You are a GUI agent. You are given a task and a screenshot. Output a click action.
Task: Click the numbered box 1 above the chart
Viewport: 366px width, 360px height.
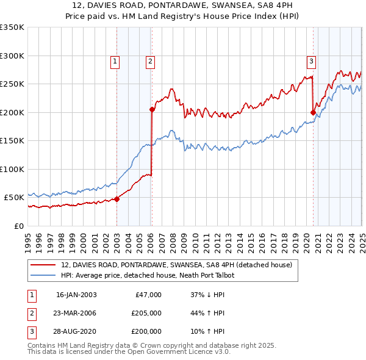coord(115,60)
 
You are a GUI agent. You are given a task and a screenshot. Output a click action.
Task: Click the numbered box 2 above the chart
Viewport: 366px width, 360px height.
coord(150,60)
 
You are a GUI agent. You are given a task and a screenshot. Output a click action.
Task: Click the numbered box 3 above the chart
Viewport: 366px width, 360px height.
coord(311,60)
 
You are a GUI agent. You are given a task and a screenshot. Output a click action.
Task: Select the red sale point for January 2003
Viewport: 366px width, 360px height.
coord(117,199)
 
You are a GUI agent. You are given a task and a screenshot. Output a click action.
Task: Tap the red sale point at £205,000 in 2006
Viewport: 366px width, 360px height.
coord(152,110)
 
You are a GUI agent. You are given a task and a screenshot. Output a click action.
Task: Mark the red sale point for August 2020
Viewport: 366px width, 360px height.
coord(313,112)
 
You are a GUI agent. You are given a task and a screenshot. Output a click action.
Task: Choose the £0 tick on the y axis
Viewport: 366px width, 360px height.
coord(18,226)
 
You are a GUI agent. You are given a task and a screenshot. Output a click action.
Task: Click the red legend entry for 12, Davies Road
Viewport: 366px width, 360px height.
coord(177,265)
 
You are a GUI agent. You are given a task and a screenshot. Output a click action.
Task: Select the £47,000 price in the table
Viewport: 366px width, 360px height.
coord(148,295)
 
